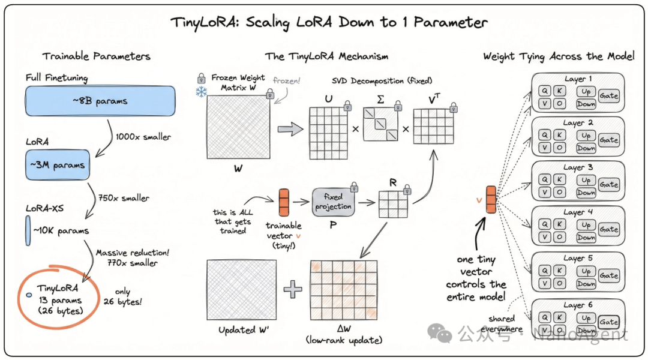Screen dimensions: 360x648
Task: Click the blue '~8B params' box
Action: point(100,101)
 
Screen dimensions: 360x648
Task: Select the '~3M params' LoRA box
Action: point(57,165)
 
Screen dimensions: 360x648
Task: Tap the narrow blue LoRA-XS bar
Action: point(28,231)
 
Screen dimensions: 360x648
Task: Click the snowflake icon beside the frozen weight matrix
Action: point(201,92)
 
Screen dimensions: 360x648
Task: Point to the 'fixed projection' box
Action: point(333,202)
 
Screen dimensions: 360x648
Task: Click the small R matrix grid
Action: point(392,205)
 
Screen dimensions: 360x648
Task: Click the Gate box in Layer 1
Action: point(608,96)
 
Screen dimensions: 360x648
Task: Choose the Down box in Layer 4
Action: point(586,238)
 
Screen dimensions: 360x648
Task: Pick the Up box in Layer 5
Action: point(586,271)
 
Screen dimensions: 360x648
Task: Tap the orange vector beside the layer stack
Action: point(491,199)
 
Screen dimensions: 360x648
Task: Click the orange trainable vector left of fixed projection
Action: point(284,202)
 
